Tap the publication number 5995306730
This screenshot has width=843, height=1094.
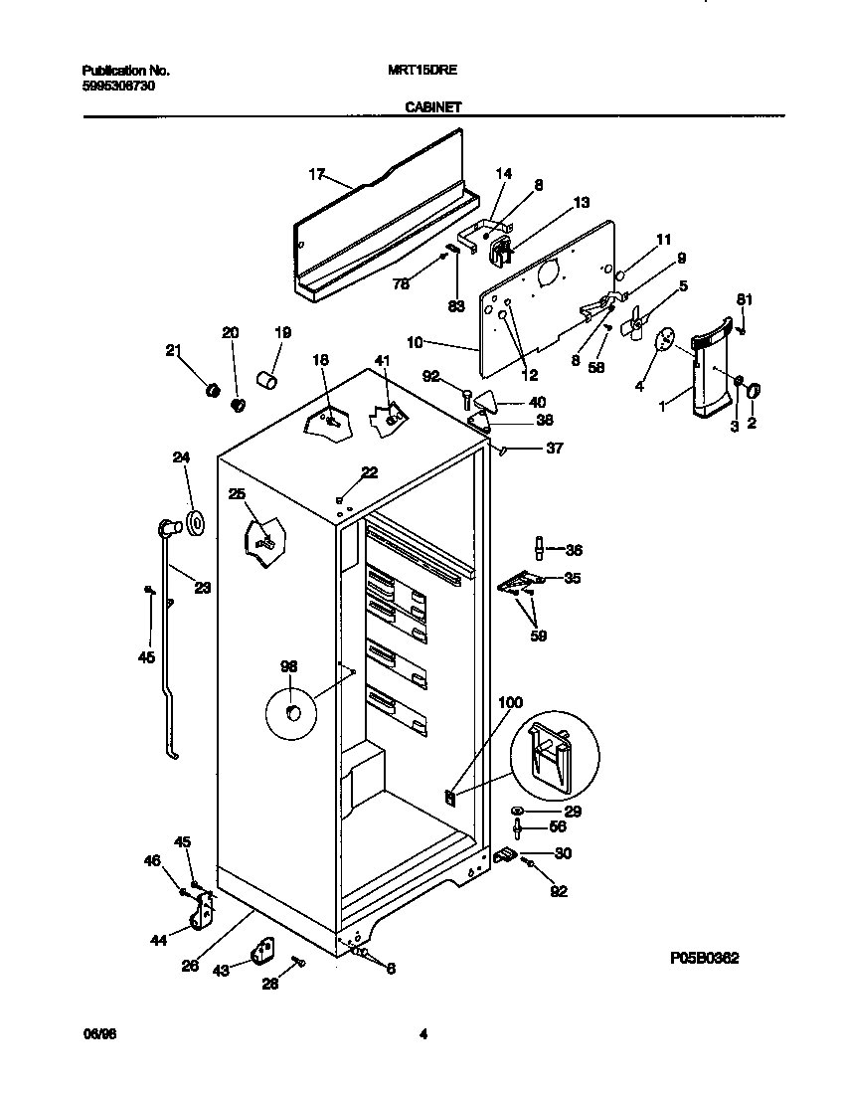pos(117,86)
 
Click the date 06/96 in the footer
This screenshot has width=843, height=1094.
pos(94,1034)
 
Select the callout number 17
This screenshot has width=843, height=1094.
pos(317,174)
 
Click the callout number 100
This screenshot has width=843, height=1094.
pos(509,702)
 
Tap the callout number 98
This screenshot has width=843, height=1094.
pos(288,666)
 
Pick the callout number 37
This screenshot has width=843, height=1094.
pos(555,449)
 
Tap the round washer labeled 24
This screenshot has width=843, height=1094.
pos(194,520)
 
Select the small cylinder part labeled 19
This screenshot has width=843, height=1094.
pos(266,378)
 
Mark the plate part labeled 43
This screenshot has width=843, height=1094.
pos(262,953)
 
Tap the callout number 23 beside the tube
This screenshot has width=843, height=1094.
pos(202,588)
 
